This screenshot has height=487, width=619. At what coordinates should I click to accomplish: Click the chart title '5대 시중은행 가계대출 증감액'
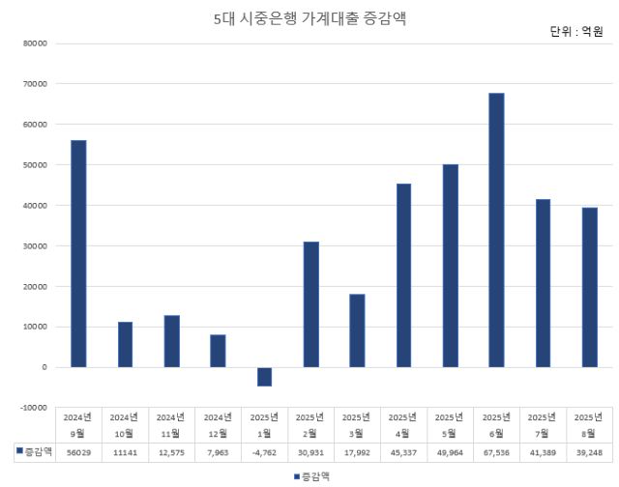click(x=309, y=18)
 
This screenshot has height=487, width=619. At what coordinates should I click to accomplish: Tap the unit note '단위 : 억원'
click(x=575, y=32)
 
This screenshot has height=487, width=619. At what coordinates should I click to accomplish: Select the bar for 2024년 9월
click(x=78, y=253)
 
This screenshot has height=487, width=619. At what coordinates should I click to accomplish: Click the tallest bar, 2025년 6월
click(x=496, y=230)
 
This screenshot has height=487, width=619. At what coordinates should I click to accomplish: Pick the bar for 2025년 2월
click(x=310, y=304)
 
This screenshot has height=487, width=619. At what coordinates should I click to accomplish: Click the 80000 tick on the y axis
click(x=36, y=43)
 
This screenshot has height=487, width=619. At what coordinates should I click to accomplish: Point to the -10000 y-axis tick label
click(x=34, y=408)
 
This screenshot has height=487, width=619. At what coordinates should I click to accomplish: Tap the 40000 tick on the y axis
click(x=36, y=205)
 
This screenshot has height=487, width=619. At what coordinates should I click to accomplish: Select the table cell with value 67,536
click(x=496, y=451)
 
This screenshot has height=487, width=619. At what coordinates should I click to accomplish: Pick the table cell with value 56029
click(x=78, y=451)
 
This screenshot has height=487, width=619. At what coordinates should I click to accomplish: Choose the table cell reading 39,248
click(x=589, y=451)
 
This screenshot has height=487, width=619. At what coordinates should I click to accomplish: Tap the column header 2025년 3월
click(x=357, y=425)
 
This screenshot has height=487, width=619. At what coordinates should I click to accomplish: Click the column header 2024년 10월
click(x=125, y=425)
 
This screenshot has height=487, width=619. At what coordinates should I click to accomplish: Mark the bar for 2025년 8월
click(x=589, y=287)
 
